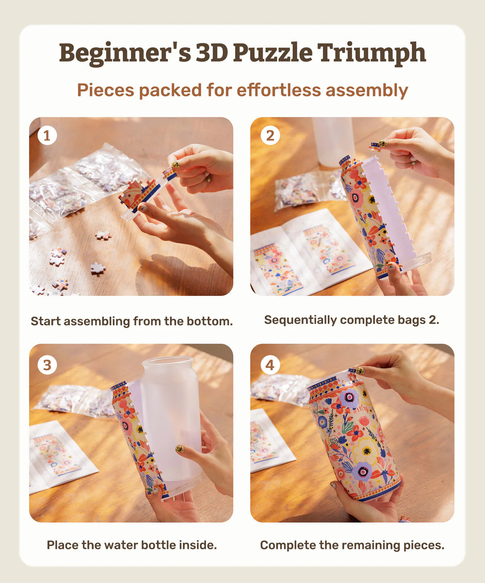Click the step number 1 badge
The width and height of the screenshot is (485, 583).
47,135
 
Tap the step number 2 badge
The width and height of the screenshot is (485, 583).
270,135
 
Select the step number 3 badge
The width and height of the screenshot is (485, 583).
47,365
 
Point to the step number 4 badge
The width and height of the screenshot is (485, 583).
270,365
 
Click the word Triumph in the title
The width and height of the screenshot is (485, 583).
371,53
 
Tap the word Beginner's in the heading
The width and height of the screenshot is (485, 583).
125,53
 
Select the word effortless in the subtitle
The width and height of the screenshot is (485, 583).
279,90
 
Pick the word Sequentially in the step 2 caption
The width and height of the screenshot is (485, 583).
300,320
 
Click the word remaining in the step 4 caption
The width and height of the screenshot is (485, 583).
370,545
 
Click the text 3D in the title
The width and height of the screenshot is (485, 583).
212,53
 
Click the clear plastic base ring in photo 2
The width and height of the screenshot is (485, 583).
418,261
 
